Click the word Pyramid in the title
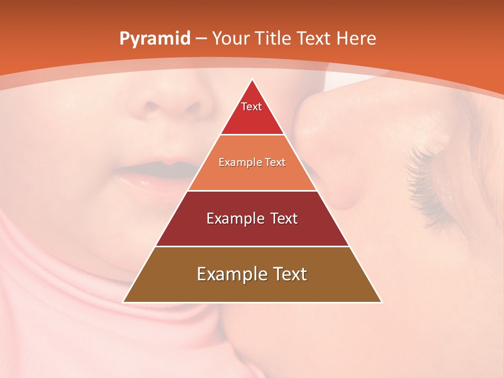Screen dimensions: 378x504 pos(154,39)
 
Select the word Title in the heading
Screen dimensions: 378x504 pos(275,38)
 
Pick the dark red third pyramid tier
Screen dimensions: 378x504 pos(252,231)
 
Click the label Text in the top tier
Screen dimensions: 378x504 pos(251,107)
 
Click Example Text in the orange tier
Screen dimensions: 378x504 pos(252,162)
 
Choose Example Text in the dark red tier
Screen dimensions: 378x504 pos(252,218)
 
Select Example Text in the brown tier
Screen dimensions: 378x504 pos(252,274)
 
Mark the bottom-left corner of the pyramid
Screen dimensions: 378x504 pos(123,302)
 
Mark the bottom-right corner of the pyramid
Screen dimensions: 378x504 pos(381,302)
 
